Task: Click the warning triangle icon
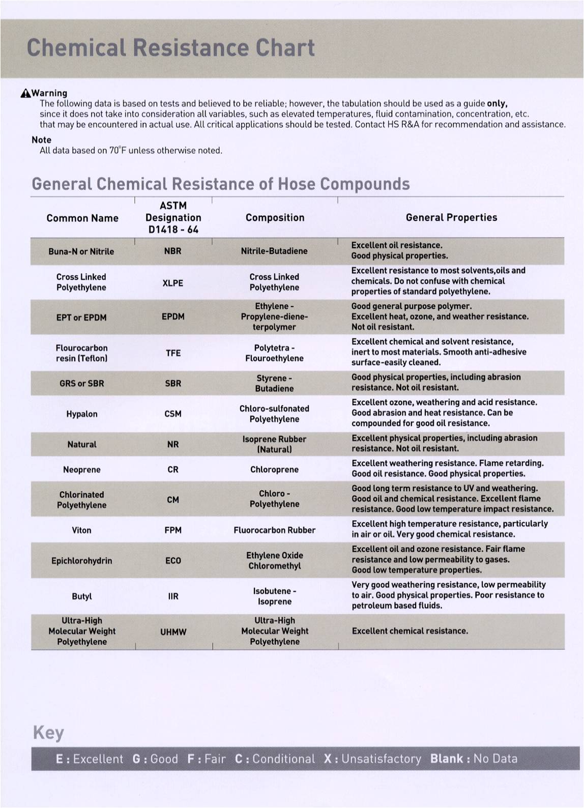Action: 25,93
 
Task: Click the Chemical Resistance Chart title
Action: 170,48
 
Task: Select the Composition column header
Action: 275,218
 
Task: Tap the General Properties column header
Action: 451,217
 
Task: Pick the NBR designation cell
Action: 172,251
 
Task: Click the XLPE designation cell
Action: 172,283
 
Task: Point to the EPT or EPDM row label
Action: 81,318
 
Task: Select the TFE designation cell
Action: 173,353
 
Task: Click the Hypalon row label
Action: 81,414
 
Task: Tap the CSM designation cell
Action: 173,414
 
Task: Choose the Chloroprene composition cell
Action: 274,470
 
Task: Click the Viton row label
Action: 81,530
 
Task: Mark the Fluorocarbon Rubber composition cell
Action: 274,530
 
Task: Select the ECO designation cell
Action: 173,561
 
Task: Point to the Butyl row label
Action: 81,596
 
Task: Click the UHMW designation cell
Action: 173,632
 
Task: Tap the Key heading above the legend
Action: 48,733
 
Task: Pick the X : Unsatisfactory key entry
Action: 372,759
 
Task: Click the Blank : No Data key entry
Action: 474,759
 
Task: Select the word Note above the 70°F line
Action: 41,140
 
